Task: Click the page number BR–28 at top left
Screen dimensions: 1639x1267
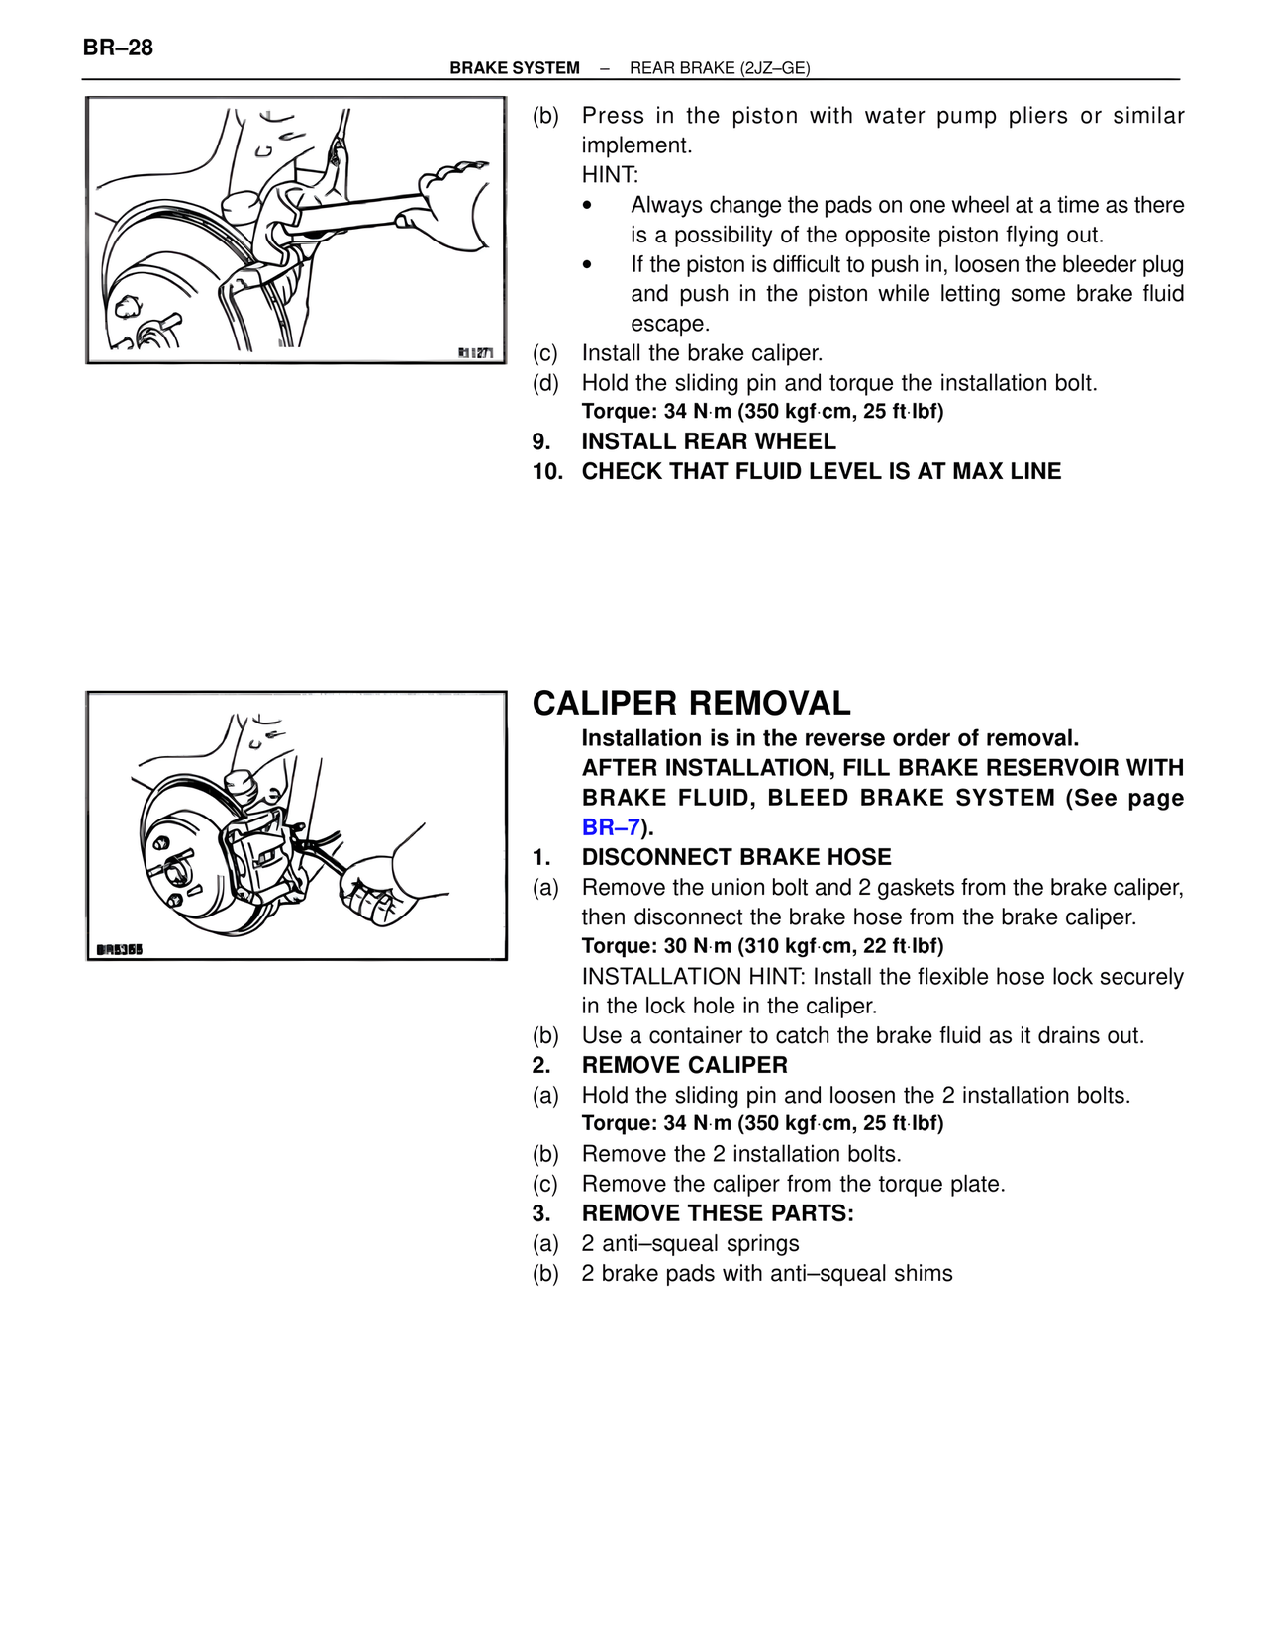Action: click(118, 48)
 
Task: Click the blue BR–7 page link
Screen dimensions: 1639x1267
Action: click(611, 827)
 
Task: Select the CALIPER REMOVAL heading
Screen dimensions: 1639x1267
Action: click(691, 704)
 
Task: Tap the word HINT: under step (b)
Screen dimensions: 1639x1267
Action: click(610, 175)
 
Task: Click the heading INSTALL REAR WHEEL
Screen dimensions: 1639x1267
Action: click(708, 441)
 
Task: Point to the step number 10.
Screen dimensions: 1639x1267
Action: click(547, 471)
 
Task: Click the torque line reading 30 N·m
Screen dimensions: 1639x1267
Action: click(762, 946)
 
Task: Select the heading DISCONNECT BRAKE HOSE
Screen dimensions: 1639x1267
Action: click(736, 857)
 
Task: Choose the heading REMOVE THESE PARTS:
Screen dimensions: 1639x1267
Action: click(717, 1213)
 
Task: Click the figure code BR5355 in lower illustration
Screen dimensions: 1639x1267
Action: click(120, 950)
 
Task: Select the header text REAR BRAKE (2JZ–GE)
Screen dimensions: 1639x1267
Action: click(720, 68)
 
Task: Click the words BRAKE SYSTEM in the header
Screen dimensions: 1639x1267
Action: click(515, 68)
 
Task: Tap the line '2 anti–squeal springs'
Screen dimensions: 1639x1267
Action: click(690, 1243)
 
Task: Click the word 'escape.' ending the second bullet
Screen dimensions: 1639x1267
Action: click(670, 324)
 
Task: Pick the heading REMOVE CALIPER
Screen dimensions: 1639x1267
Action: click(684, 1065)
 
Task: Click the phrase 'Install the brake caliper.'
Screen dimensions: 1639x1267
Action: click(702, 353)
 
